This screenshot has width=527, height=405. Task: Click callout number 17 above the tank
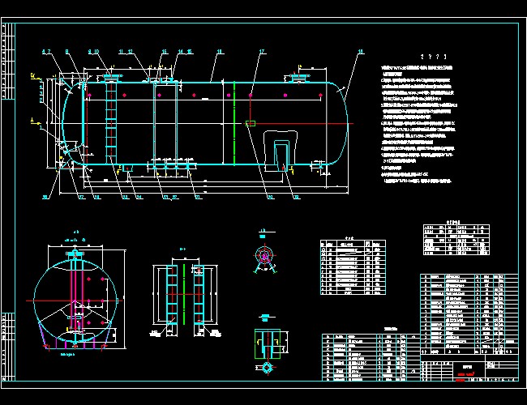(262, 51)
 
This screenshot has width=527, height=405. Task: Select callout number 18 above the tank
(219, 51)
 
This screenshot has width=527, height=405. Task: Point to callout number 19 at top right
(360, 51)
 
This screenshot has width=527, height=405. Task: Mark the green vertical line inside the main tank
(234, 122)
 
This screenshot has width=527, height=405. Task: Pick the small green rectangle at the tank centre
(250, 124)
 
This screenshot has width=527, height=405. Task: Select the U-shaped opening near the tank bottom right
(281, 154)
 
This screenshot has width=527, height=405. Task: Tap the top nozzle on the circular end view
(78, 254)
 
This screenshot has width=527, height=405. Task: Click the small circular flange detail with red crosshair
(264, 256)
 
